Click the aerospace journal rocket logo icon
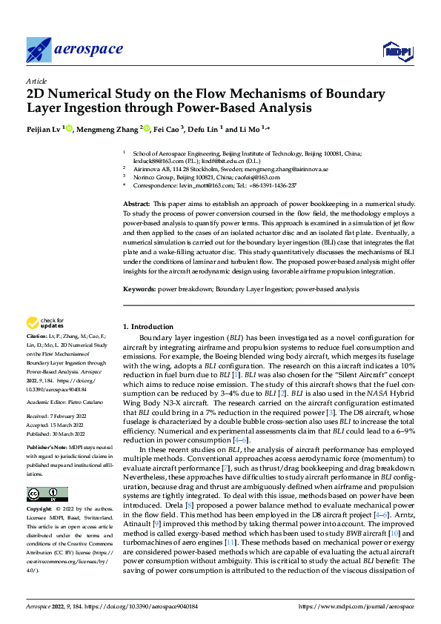point(39,50)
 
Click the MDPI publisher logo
point(396,50)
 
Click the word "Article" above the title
point(36,81)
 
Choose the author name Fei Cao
point(168,130)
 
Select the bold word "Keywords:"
point(139,288)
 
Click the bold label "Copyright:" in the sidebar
point(40,509)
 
